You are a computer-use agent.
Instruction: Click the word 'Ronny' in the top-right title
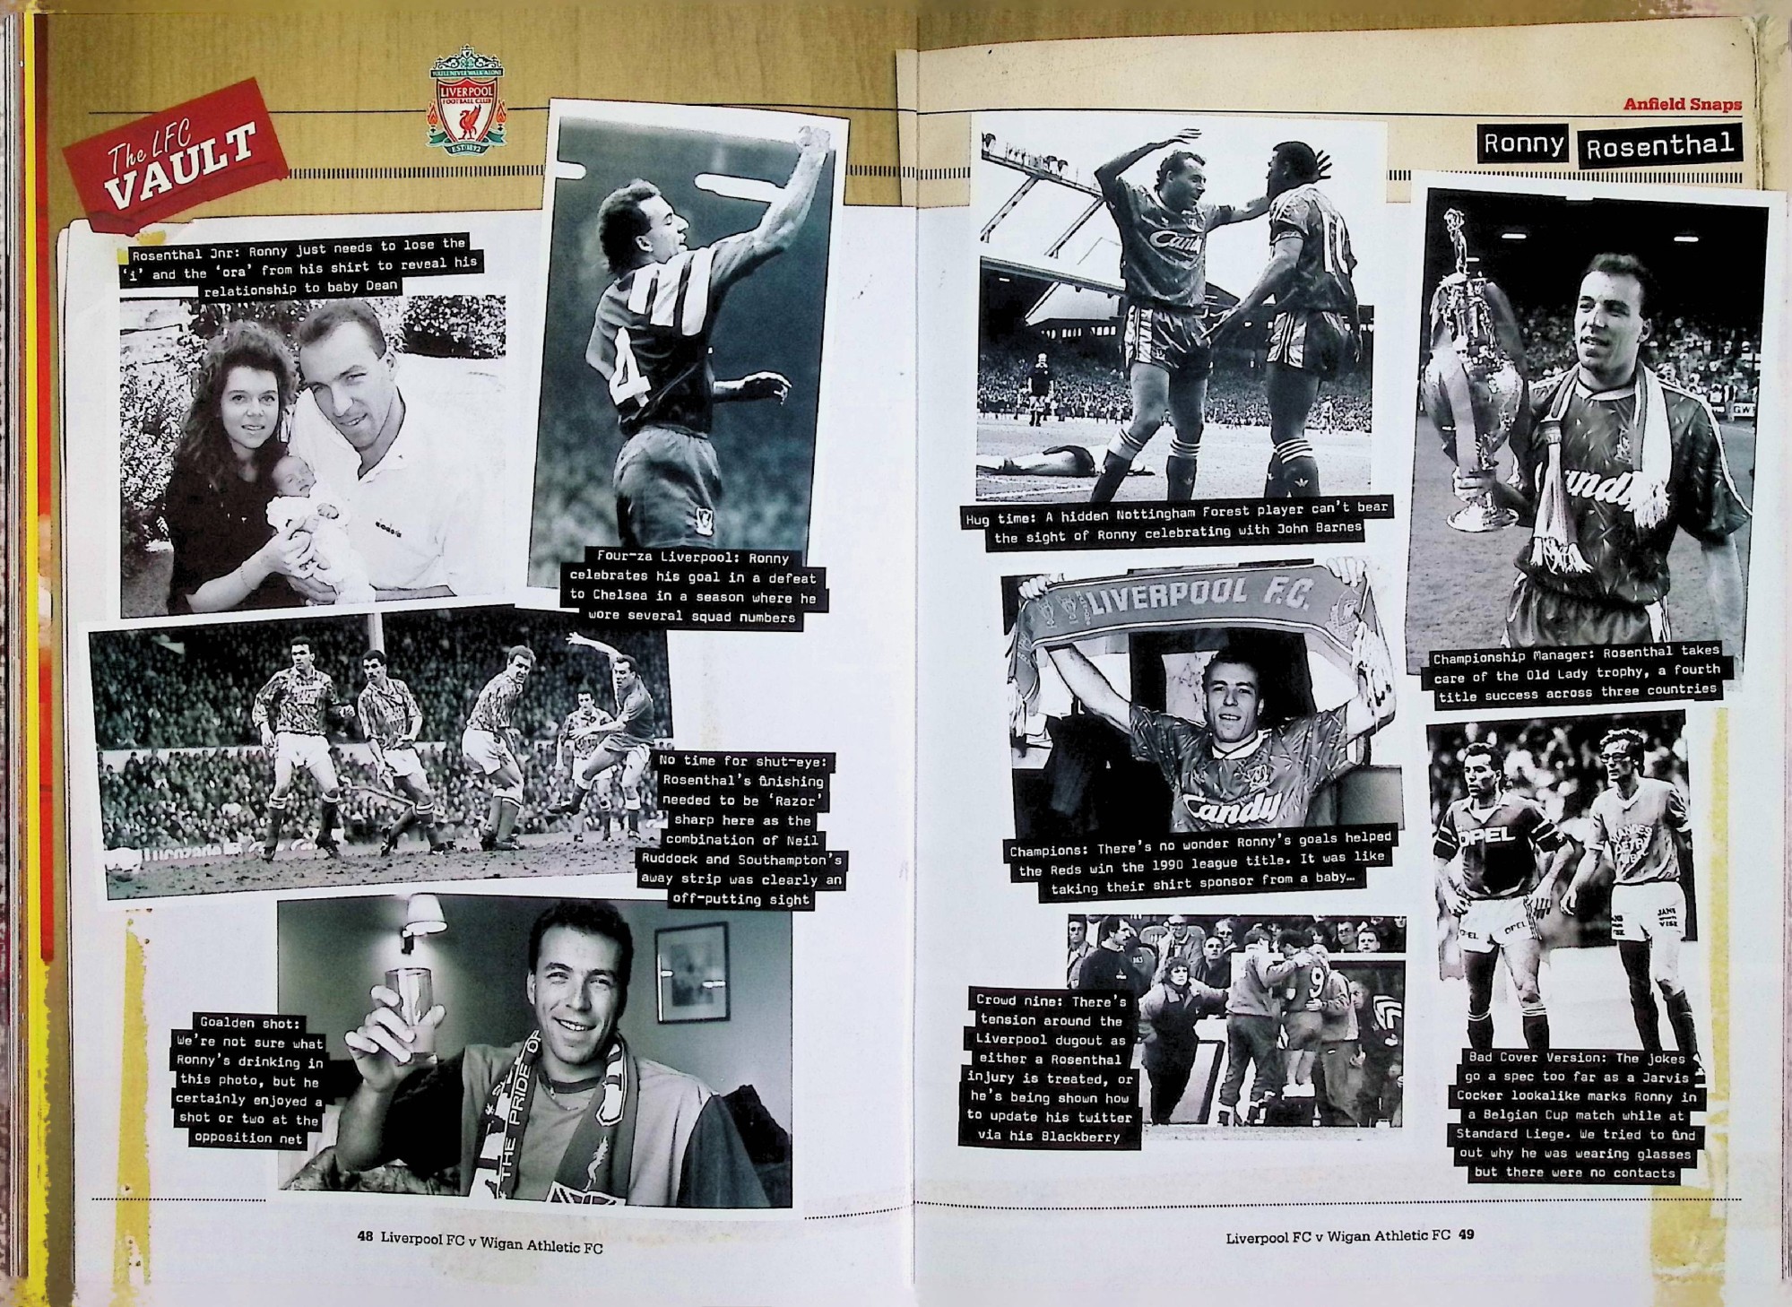(x=1524, y=143)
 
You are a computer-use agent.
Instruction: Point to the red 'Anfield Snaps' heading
(x=1683, y=104)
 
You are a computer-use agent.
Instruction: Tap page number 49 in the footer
(x=1466, y=1235)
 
